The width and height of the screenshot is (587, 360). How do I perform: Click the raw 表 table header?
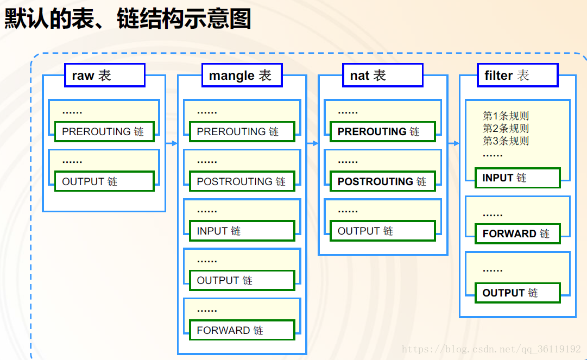(x=105, y=75)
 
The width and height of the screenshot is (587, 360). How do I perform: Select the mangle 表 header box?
(x=242, y=75)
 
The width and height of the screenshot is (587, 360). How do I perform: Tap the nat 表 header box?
(x=383, y=75)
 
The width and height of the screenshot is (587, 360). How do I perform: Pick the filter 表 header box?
(x=517, y=75)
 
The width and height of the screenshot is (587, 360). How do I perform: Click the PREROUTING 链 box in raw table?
(x=104, y=131)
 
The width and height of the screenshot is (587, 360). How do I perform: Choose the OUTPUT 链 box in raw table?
(x=104, y=181)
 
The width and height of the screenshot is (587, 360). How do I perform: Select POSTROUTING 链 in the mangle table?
(x=242, y=181)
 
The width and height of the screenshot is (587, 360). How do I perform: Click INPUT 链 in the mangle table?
(x=242, y=231)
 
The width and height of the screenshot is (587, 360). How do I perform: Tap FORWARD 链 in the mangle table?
(x=242, y=330)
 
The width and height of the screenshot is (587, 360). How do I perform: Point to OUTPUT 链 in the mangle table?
(x=242, y=280)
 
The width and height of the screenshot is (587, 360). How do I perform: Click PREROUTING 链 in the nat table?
(x=383, y=131)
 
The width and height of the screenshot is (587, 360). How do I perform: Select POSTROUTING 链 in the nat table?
(x=383, y=181)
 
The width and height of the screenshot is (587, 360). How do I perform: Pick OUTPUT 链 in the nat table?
(x=383, y=231)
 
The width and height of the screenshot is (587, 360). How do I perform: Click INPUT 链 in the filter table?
(x=517, y=178)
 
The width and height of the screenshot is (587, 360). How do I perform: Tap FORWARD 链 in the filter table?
(x=517, y=233)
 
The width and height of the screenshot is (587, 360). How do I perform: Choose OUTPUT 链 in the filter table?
(x=517, y=293)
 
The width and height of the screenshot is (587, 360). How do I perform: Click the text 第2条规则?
(x=506, y=128)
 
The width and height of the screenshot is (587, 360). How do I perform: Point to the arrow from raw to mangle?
(x=172, y=143)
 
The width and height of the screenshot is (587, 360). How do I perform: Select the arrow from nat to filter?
(x=453, y=143)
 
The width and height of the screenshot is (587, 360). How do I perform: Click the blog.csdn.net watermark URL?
(x=491, y=349)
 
